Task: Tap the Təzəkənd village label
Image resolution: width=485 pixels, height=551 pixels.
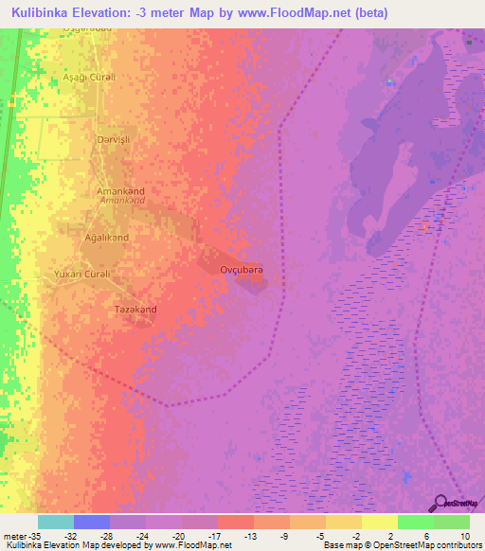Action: [x=135, y=310]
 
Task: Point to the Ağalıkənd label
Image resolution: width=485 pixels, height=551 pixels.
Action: [x=107, y=238]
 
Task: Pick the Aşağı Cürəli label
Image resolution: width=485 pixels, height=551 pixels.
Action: [x=88, y=77]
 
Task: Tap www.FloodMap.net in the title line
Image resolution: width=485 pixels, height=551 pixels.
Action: [x=286, y=14]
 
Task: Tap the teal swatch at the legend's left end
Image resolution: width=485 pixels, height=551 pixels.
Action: [x=56, y=522]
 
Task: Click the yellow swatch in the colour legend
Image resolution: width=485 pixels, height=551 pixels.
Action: [x=379, y=522]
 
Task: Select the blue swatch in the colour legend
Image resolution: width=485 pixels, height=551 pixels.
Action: [x=92, y=522]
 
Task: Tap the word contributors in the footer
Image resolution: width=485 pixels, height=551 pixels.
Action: [x=454, y=546]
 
